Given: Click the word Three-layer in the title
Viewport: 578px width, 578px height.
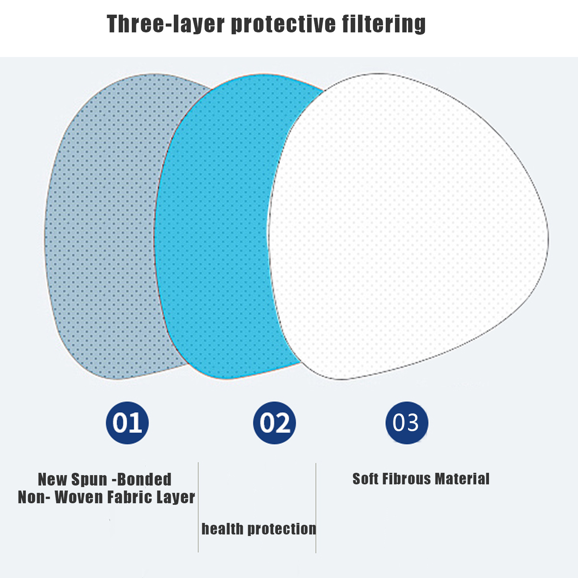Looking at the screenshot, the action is (x=166, y=24).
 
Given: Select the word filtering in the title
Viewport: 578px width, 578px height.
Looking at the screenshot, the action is (x=384, y=24).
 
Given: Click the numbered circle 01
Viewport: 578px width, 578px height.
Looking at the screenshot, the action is (x=127, y=423).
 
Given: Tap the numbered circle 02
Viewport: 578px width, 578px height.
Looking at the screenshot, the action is (x=274, y=423).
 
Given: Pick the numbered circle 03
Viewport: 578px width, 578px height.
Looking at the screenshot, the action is (x=407, y=423).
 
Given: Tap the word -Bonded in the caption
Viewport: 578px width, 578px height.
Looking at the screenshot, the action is (x=142, y=479).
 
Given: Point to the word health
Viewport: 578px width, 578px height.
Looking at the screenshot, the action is (x=222, y=529).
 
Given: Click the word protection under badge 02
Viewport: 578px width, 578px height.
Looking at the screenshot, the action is (x=282, y=529).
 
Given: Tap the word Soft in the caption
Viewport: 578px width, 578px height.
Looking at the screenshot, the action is (x=365, y=479).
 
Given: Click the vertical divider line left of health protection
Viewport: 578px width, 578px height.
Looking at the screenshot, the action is (x=198, y=507).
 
